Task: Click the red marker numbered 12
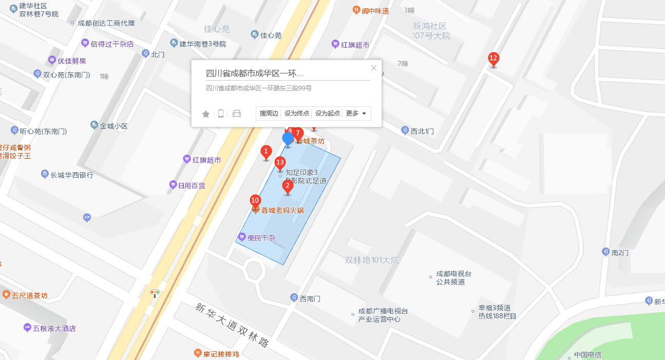[493, 59]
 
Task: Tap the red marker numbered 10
[255, 200]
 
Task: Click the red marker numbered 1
[266, 151]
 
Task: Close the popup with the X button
[374, 68]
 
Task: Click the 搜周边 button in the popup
[269, 113]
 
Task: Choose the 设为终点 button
[297, 113]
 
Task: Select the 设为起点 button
[328, 113]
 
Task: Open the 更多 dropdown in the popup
[356, 113]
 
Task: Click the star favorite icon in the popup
[206, 114]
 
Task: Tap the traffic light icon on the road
[154, 293]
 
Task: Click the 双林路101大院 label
[372, 260]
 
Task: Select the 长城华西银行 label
[71, 175]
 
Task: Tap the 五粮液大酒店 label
[54, 328]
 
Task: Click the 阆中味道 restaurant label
[375, 11]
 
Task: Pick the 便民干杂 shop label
[261, 238]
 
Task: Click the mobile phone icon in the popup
[221, 114]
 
